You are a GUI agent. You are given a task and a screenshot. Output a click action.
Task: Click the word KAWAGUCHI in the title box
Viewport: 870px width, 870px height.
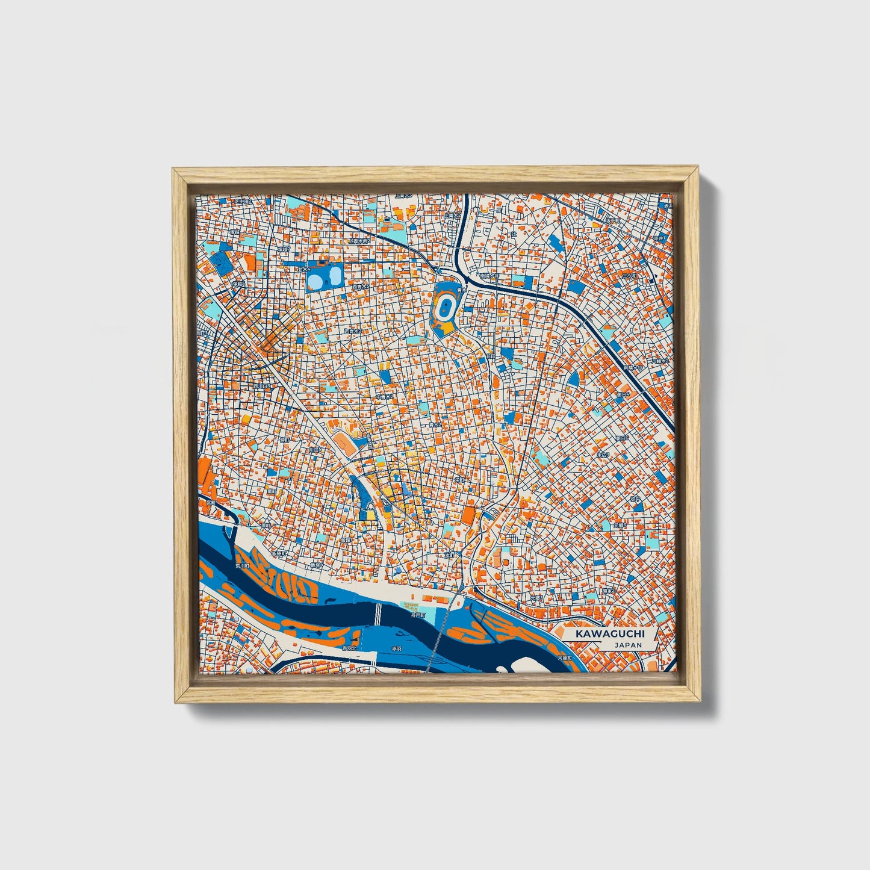click(x=609, y=634)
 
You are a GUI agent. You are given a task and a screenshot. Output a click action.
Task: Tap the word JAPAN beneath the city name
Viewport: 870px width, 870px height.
click(x=628, y=645)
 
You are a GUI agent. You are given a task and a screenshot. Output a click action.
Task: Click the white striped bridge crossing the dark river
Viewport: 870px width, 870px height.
click(x=378, y=614)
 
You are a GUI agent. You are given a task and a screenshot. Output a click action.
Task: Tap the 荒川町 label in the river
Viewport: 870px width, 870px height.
click(x=243, y=566)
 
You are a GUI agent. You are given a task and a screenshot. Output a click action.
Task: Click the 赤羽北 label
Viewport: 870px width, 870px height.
click(x=349, y=648)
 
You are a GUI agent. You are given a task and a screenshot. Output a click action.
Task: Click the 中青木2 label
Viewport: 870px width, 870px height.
click(x=384, y=397)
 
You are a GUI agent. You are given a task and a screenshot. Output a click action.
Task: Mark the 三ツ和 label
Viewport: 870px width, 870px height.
click(x=629, y=275)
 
